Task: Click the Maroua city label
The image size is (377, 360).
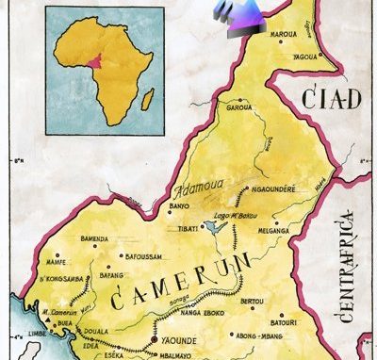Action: pos(284,37)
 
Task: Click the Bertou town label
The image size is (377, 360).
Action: pos(253,302)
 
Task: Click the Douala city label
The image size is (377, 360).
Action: pos(96,333)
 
